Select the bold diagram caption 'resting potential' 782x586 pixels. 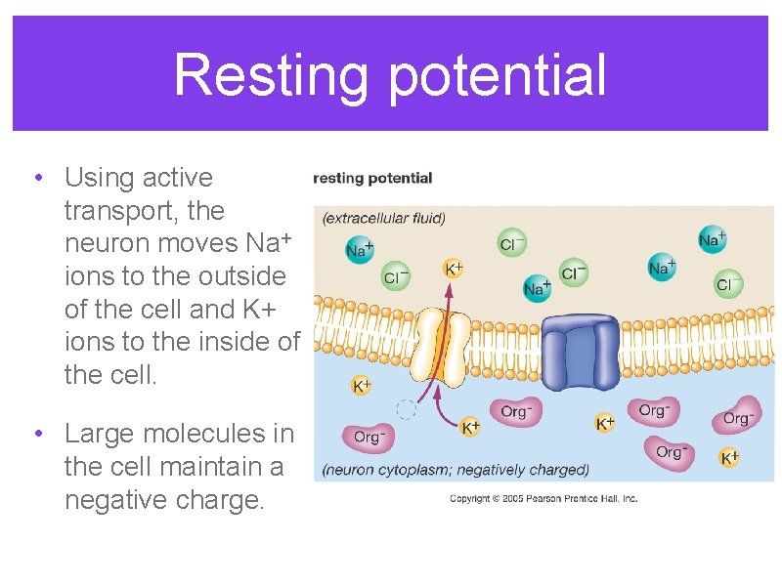pos(372,178)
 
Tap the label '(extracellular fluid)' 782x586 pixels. pos(384,218)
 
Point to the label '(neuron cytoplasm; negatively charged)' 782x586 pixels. pos(456,469)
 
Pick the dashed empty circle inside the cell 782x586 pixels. pos(407,409)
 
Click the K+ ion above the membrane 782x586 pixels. pos(455,267)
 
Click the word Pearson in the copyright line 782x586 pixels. pos(540,499)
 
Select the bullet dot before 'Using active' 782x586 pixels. pos(36,179)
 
